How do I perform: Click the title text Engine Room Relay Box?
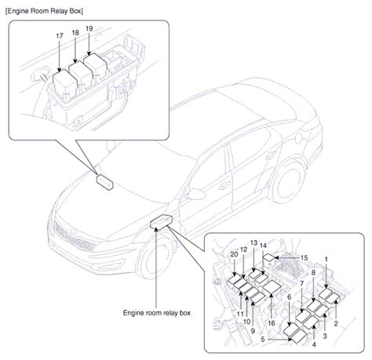point(44,11)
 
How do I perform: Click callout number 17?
point(60,36)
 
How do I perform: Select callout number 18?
point(75,33)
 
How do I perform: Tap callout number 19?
point(89,28)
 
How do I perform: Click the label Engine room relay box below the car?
point(157,313)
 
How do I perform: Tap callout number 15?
point(304,258)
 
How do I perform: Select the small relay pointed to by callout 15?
point(268,259)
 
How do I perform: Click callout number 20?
point(234,254)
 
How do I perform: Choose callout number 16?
point(272,323)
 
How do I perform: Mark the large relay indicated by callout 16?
point(272,287)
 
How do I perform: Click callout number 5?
point(263,340)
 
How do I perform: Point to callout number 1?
point(326,260)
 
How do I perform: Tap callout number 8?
point(313,272)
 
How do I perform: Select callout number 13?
point(253,243)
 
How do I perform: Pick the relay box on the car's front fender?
point(161,222)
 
